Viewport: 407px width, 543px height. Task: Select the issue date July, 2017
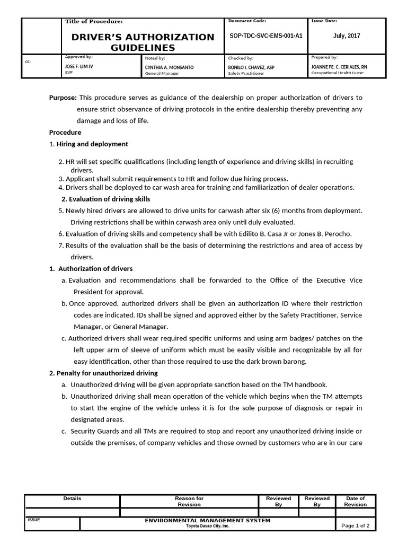click(x=347, y=36)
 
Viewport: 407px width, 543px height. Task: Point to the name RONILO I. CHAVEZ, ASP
click(x=251, y=68)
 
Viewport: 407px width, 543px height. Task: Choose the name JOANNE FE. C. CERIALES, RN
click(x=340, y=67)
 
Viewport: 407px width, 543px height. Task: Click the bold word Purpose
click(x=63, y=98)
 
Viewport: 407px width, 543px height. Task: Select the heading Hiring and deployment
click(x=92, y=144)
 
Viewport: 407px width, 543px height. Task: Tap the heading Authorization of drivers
click(x=95, y=268)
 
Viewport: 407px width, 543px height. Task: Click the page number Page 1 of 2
click(x=356, y=526)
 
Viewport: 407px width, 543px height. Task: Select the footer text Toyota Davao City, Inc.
click(x=208, y=526)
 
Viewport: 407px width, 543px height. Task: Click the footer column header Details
click(x=72, y=498)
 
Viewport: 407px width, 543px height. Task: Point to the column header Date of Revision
click(x=355, y=501)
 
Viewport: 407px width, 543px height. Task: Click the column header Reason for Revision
click(x=189, y=501)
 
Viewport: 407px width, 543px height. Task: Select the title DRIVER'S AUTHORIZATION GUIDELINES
click(x=143, y=42)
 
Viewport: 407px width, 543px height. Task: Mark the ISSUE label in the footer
click(x=33, y=520)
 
